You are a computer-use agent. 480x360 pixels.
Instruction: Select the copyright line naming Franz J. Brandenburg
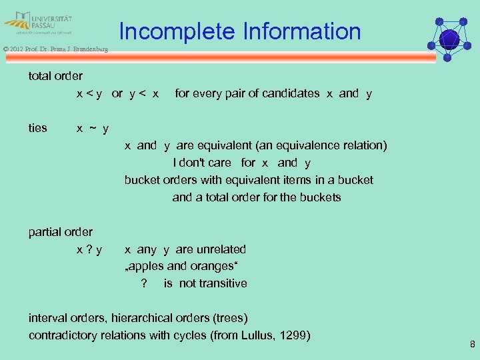[55, 49]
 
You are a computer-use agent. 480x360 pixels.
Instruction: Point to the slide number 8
[472, 345]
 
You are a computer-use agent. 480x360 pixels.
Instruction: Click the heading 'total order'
[55, 76]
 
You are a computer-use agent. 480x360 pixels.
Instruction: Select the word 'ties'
[38, 128]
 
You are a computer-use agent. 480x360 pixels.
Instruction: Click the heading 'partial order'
[61, 232]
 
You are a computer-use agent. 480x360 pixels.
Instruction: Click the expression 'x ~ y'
[93, 128]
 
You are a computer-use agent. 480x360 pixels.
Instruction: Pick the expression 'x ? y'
[89, 249]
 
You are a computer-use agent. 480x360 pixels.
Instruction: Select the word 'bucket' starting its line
[142, 180]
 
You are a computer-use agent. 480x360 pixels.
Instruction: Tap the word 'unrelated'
[221, 249]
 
